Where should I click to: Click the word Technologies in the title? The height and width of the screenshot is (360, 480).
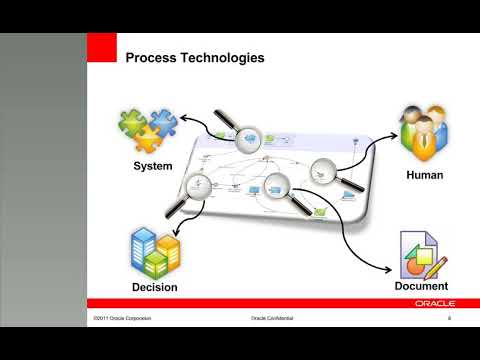click(x=221, y=58)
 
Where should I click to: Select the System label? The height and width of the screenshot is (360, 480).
click(x=153, y=166)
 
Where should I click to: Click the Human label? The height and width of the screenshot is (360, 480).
click(x=424, y=175)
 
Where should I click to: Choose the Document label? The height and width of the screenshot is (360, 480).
click(x=421, y=286)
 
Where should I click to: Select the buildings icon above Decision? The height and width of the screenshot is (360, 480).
click(x=155, y=251)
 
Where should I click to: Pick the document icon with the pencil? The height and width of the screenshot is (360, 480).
click(x=422, y=254)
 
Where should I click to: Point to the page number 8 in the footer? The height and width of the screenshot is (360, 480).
click(x=450, y=318)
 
